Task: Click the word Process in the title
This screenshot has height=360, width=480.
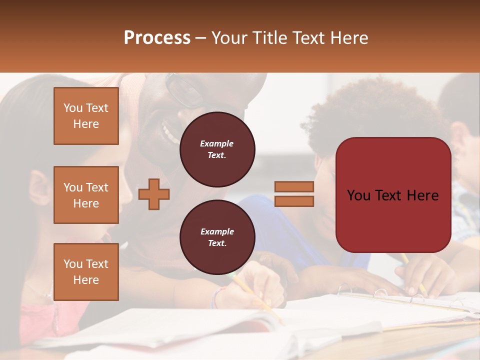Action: [157, 38]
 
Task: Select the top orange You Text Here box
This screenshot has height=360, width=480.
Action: [86, 116]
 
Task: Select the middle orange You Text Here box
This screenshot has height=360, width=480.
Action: [86, 195]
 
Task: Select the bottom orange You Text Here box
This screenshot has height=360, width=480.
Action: [86, 271]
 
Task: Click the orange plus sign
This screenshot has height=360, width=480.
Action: [154, 194]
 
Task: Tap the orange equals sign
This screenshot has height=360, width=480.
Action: [294, 194]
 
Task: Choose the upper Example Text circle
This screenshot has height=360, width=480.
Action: [217, 149]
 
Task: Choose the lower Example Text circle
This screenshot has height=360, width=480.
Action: [217, 237]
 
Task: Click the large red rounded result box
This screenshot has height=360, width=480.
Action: [393, 195]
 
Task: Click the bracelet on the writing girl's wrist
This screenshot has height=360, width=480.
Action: [215, 298]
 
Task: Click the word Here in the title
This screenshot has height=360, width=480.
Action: [348, 38]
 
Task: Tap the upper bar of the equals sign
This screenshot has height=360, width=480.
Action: [294, 187]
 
